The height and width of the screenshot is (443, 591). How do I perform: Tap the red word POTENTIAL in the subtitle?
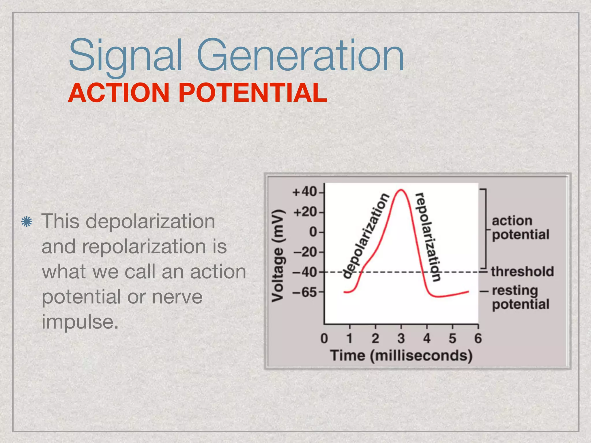point(253,93)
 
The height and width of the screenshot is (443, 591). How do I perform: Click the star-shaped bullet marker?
point(27,221)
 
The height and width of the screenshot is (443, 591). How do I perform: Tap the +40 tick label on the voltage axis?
point(304,192)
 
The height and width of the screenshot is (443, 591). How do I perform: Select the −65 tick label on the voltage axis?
point(304,292)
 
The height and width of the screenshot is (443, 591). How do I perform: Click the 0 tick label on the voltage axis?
point(313,232)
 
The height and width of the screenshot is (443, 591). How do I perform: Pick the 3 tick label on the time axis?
point(401,338)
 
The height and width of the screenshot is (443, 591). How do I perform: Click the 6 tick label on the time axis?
point(478,338)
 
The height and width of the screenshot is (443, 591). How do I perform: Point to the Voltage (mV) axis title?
point(278,255)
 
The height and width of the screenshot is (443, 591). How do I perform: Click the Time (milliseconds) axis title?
point(401,355)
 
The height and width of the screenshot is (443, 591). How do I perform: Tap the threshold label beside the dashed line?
point(522,272)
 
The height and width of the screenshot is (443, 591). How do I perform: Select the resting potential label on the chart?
point(520,298)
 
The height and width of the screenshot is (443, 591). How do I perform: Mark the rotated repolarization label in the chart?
point(428,236)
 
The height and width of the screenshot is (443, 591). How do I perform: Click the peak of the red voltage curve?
point(401,190)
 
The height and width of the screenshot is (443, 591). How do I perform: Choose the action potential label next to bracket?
point(520,228)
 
